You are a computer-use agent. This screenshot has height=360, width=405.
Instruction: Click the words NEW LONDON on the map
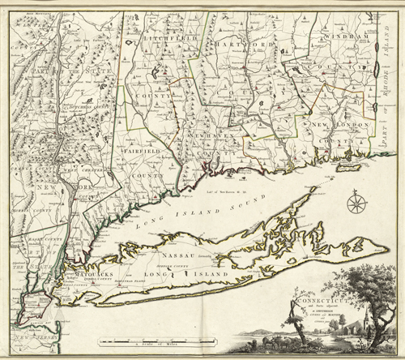(331, 126)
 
